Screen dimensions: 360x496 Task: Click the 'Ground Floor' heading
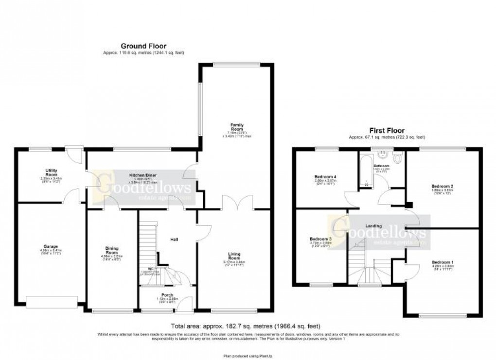click(x=143, y=46)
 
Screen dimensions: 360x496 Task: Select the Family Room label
click(x=236, y=127)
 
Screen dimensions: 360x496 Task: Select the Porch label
click(x=167, y=295)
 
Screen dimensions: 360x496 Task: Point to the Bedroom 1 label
click(x=443, y=262)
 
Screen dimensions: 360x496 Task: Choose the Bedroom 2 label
click(x=442, y=186)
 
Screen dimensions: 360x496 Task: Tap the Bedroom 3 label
click(x=321, y=239)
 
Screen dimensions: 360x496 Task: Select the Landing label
click(x=374, y=226)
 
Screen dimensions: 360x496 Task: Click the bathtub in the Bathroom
click(x=365, y=171)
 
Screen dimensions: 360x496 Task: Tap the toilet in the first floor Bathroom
click(x=397, y=159)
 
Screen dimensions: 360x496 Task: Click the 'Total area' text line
click(x=245, y=326)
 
